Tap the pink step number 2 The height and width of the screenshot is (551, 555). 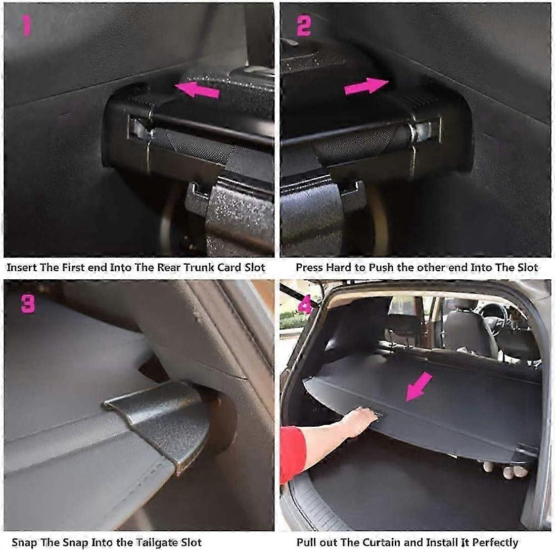(x=303, y=25)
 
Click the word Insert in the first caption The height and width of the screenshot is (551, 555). (x=22, y=267)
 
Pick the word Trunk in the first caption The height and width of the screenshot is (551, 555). (x=184, y=267)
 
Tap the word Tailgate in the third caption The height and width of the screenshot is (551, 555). (x=148, y=543)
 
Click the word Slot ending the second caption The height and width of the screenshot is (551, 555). (x=527, y=267)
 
